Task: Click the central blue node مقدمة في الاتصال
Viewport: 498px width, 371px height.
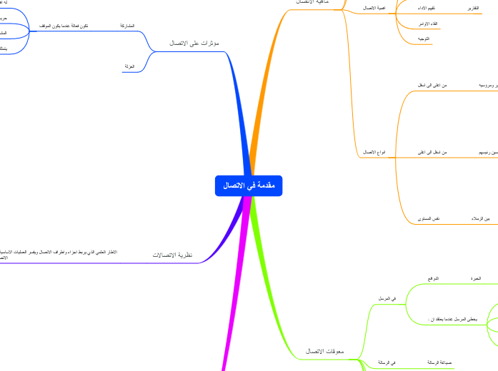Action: (x=249, y=185)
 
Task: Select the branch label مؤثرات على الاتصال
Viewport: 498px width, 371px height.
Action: (x=194, y=43)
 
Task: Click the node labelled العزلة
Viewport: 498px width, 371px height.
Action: (x=129, y=66)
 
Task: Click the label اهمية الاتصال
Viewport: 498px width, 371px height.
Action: (x=375, y=8)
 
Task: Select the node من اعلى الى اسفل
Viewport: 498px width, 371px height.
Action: (x=433, y=86)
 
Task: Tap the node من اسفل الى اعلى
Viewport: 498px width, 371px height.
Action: (x=433, y=153)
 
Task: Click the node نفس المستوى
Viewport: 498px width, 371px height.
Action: (x=429, y=218)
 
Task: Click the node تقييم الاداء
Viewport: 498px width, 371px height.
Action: (x=427, y=8)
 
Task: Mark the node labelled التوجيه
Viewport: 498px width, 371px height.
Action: (x=424, y=39)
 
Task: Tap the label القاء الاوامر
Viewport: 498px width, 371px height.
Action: (x=427, y=24)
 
